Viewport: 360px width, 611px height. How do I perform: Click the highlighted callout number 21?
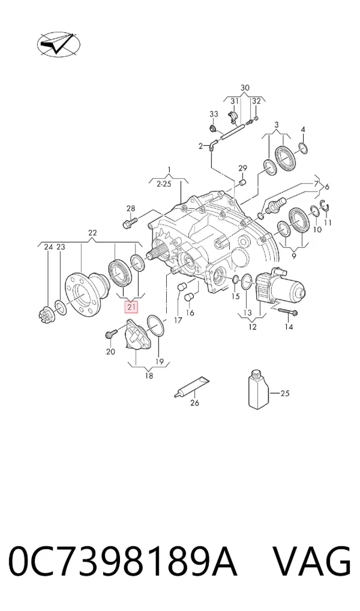pos(131,307)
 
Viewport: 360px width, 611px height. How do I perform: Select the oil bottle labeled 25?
pos(259,390)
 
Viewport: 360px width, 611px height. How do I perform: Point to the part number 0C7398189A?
pos(123,562)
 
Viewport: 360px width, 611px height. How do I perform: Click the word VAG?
pos(311,562)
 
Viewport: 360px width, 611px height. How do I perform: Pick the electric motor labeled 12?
pos(280,286)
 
